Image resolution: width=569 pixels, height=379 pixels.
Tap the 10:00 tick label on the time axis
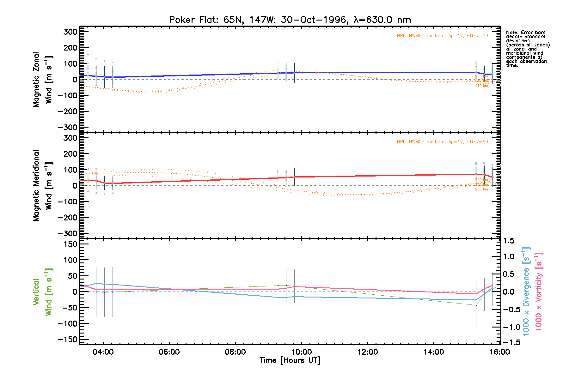(x=301, y=352)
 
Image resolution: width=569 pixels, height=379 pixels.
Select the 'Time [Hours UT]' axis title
(x=290, y=360)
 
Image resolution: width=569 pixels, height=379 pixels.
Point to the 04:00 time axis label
(x=103, y=352)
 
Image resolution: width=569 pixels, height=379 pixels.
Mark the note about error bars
(x=528, y=49)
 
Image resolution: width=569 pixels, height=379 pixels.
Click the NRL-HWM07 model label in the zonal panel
(x=442, y=36)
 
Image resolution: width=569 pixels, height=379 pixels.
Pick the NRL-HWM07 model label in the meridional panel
(x=442, y=142)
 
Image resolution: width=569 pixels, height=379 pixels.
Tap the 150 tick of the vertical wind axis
(x=70, y=244)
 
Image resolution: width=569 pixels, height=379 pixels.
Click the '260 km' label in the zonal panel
(x=481, y=86)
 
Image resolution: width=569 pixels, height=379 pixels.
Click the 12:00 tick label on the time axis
(x=367, y=352)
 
